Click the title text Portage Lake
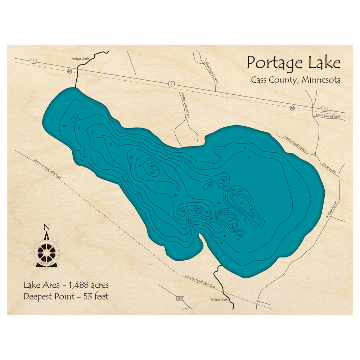[293, 63]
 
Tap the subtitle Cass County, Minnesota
[296, 80]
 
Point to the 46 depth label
[152, 166]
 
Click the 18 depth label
[223, 180]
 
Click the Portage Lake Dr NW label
[186, 105]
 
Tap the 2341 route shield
[180, 298]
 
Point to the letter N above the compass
[46, 227]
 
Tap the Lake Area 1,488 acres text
[66, 285]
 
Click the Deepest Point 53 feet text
[66, 297]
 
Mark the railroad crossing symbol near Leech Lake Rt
[293, 108]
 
